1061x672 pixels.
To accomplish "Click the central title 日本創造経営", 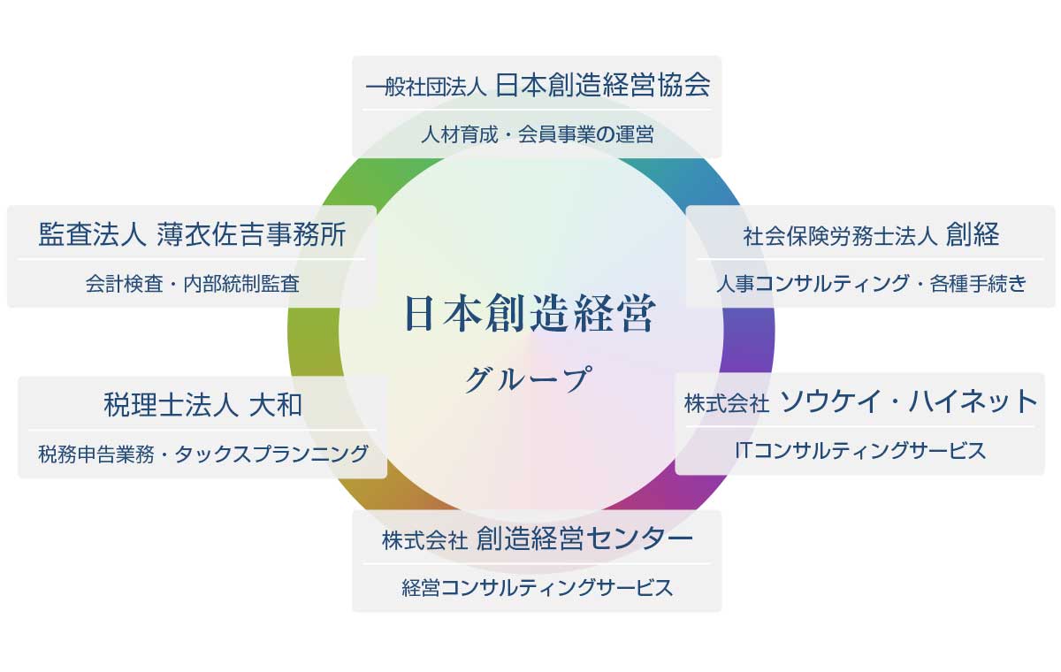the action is pos(530,313).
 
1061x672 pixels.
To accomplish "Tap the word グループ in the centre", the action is pos(528,378).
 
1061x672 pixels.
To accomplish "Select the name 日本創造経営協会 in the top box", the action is pos(603,85).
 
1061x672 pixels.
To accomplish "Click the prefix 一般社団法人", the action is pos(426,88).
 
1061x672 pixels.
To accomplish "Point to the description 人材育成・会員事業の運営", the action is pos(538,134).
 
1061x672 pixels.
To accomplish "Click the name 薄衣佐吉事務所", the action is pos(251,234).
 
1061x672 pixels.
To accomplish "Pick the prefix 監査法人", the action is pos(92,234).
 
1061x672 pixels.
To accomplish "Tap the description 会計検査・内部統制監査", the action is pos(193,284).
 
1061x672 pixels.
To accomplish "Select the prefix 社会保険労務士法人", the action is pos(840,236).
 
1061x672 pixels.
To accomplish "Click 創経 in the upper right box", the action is pos(973,234).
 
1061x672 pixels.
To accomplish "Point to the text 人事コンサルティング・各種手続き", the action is pos(871,284).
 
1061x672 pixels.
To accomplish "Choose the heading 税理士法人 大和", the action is pos(202,405).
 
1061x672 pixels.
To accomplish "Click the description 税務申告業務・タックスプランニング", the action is pos(203,454).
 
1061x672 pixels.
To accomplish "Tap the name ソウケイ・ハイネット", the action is pos(907,401).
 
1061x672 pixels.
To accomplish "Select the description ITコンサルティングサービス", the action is pos(860,451).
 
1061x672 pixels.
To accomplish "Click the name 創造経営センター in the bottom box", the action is pos(584,538).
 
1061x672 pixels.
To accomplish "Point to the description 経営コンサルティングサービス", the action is pos(538,588).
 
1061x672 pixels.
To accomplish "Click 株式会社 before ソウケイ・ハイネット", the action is pos(727,404).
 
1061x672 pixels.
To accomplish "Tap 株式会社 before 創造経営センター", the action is pos(425,541).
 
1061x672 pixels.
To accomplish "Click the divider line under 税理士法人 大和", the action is pos(202,430).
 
